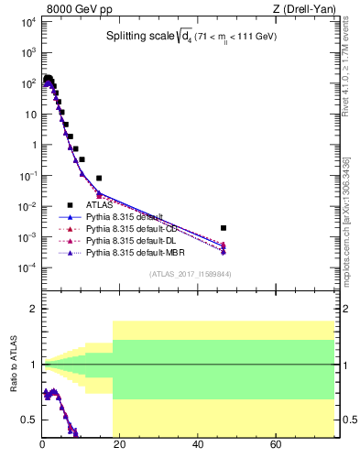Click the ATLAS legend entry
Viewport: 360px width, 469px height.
[x=99, y=205]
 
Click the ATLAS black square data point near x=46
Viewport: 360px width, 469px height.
[x=224, y=227]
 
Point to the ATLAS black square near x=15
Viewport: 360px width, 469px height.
[x=99, y=178]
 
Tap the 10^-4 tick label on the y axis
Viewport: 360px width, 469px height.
[x=27, y=267]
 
